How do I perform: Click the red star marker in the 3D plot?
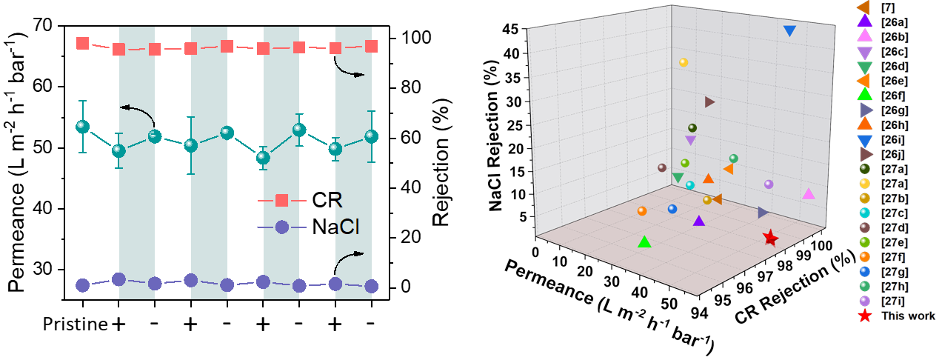point(770,239)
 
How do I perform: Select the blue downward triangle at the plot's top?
point(789,31)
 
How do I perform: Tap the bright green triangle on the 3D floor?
point(644,241)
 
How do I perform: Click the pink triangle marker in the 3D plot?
point(809,193)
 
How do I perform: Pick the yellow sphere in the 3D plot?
point(684,62)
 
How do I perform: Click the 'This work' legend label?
point(908,316)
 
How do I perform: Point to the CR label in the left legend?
point(327,200)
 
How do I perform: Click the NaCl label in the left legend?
point(335,227)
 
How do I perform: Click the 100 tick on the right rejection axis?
point(416,38)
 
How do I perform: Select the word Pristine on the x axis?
point(76,324)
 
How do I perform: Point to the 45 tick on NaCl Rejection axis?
point(510,30)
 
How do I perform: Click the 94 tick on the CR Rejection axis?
point(699,313)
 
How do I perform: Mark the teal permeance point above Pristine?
point(83,127)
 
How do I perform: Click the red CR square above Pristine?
point(83,43)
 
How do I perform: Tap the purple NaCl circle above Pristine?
point(83,285)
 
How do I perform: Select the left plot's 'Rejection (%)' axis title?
point(441,163)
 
